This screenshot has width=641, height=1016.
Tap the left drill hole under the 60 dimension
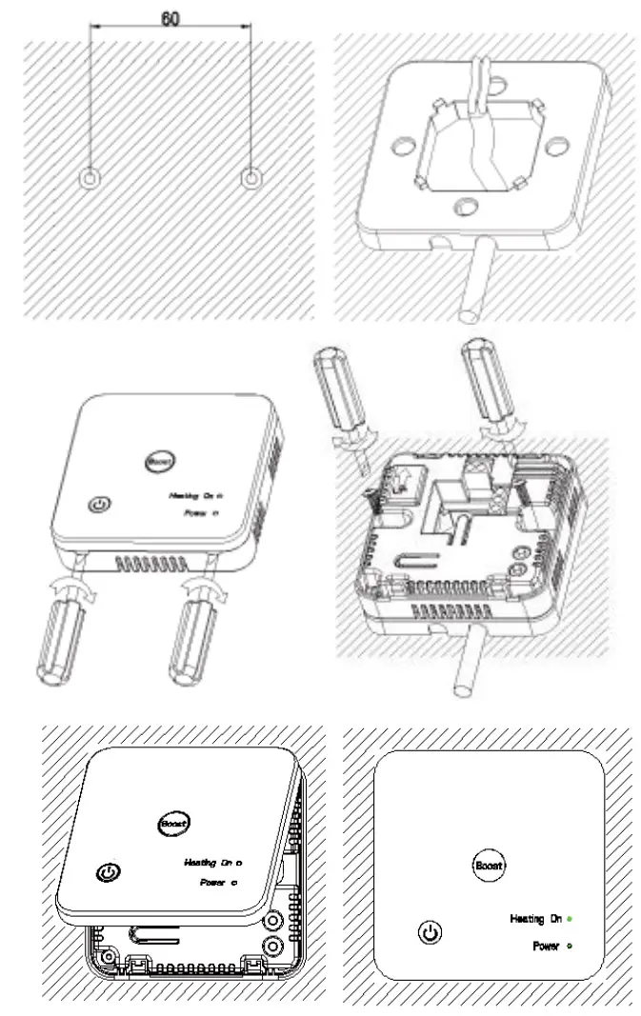[x=90, y=178]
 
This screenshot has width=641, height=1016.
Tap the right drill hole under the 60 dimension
[x=251, y=178]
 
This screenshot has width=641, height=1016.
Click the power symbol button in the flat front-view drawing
[x=431, y=932]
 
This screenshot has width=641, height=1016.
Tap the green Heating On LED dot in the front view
[x=570, y=919]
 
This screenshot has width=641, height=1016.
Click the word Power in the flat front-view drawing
[x=546, y=946]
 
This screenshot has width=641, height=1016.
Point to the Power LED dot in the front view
[x=570, y=946]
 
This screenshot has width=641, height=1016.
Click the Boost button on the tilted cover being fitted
[x=173, y=822]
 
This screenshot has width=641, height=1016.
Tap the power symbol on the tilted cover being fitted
[x=110, y=871]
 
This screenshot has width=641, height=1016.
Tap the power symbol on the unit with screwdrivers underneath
[x=99, y=505]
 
